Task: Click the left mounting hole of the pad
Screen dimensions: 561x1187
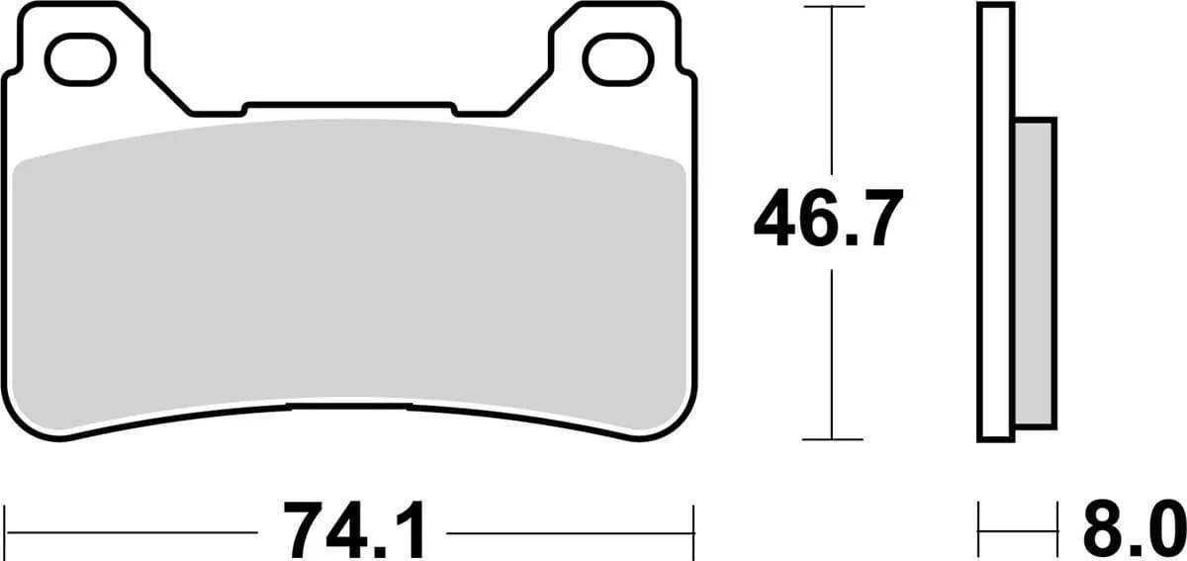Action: pyautogui.click(x=74, y=58)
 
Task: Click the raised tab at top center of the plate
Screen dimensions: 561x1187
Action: pyautogui.click(x=348, y=108)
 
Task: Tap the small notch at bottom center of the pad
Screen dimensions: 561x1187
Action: pyautogui.click(x=348, y=406)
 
